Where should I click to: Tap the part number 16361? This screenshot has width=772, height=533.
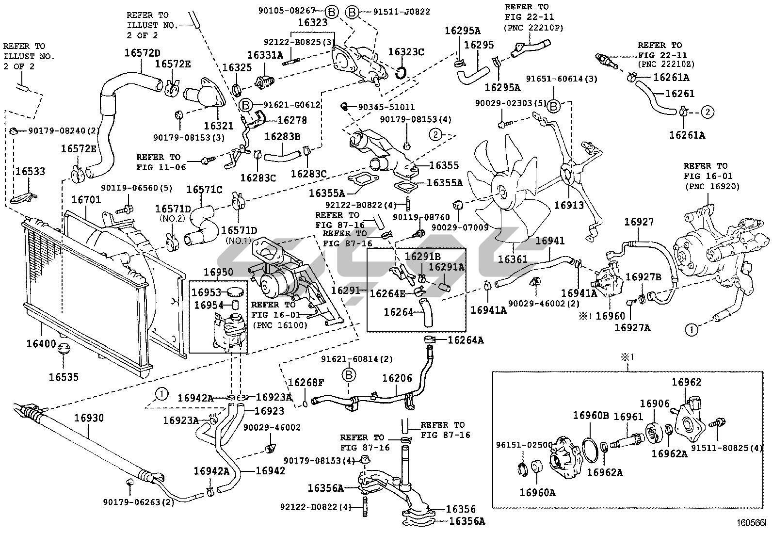pyautogui.click(x=512, y=259)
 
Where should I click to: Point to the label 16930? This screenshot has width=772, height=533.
pyautogui.click(x=89, y=418)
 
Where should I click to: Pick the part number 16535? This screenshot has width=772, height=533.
pyautogui.click(x=64, y=377)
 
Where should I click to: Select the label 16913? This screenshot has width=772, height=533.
pyautogui.click(x=569, y=205)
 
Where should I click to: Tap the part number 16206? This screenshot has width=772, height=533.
pyautogui.click(x=397, y=378)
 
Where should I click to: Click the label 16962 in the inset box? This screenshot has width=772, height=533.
pyautogui.click(x=686, y=382)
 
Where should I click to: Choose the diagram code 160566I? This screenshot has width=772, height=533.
pyautogui.click(x=750, y=523)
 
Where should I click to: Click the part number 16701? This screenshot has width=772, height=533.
pyautogui.click(x=86, y=199)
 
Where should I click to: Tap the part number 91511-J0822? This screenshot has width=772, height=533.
pyautogui.click(x=402, y=12)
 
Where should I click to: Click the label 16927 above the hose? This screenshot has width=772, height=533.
pyautogui.click(x=639, y=222)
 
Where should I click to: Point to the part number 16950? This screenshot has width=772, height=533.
pyautogui.click(x=218, y=272)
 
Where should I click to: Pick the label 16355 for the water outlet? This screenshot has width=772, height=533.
pyautogui.click(x=444, y=165)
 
